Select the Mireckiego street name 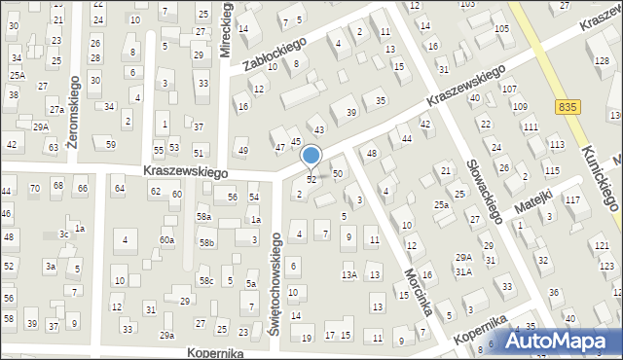point(227,30)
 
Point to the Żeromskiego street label point(73,107)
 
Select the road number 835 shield point(570,105)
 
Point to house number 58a point(202,216)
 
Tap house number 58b point(206,243)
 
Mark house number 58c point(206,281)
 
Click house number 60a point(167,239)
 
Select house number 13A point(348,275)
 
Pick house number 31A point(463,271)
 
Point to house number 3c point(64,234)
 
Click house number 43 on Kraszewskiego point(318,129)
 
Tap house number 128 point(602,61)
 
